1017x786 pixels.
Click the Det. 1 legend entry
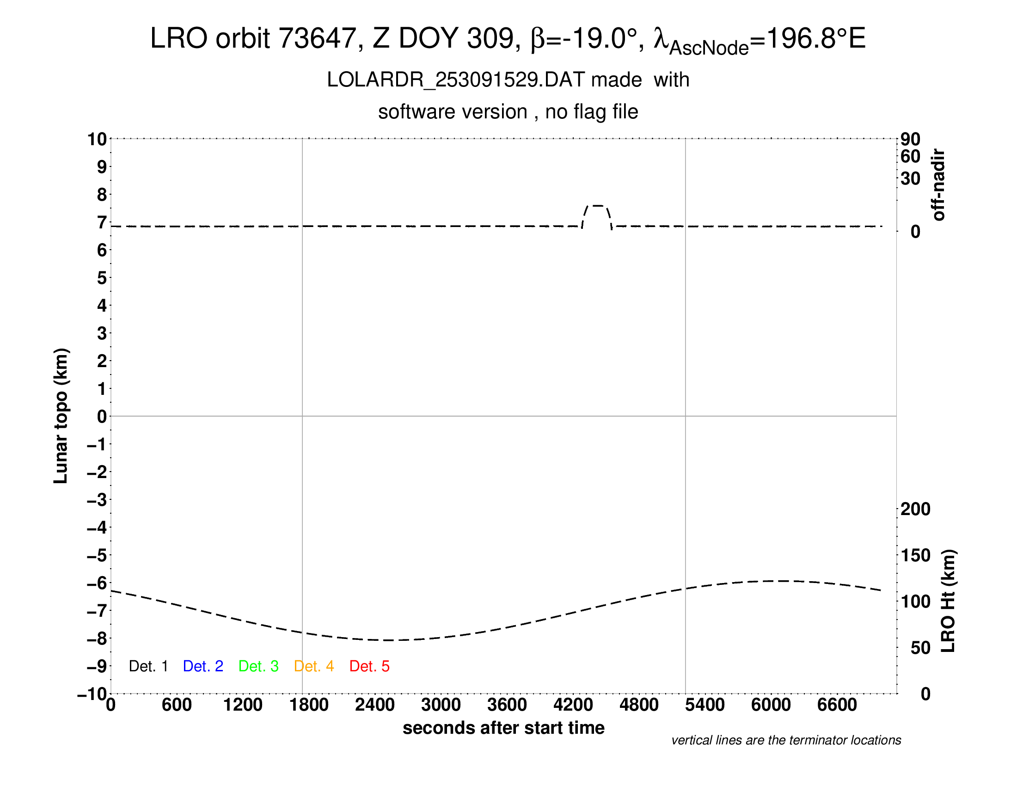click(148, 666)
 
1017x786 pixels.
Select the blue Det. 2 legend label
click(203, 666)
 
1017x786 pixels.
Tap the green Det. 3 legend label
click(258, 666)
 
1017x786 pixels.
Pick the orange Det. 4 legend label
click(314, 666)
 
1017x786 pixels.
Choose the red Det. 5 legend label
click(369, 666)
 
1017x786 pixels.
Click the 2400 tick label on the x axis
click(375, 705)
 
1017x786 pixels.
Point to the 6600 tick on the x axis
click(837, 705)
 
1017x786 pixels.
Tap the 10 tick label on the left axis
click(97, 139)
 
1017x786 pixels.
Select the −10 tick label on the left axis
click(92, 694)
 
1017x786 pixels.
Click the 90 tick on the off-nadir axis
click(910, 139)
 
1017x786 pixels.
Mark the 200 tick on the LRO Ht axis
click(915, 509)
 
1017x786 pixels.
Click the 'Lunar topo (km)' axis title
click(61, 416)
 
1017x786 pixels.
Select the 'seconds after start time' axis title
click(503, 728)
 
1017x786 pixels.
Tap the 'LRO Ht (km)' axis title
click(948, 601)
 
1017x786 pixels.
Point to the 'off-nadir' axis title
click(939, 185)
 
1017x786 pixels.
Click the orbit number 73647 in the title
click(317, 38)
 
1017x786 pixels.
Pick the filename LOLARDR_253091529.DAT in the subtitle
click(455, 80)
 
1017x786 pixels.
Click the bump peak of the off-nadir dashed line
click(597, 205)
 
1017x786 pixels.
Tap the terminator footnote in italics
click(786, 740)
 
